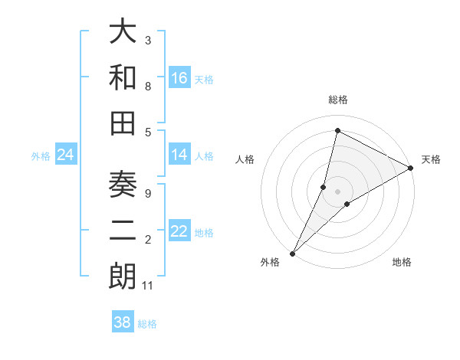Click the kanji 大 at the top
123,33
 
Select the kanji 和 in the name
123,77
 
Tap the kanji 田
123,122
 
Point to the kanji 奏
123,186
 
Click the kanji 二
123,231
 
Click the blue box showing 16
179,77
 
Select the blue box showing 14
179,155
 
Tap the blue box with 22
179,231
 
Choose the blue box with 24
65,155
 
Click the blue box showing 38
123,322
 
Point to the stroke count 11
149,286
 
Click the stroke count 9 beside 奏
147,193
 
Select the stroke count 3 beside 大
147,39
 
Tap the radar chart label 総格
337,100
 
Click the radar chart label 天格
431,159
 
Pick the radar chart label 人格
245,159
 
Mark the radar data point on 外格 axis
292,253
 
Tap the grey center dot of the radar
337,191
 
